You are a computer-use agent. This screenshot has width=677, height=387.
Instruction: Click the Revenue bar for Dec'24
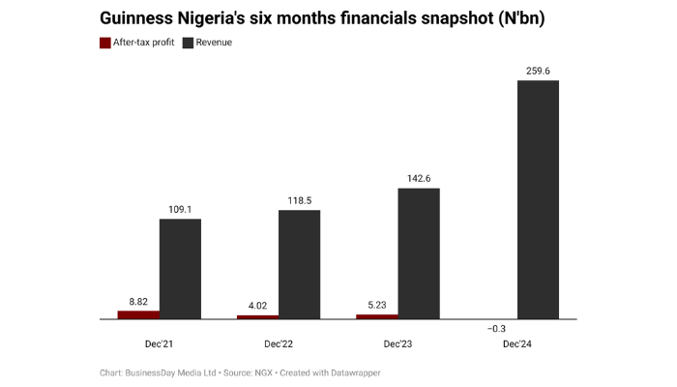point(538,199)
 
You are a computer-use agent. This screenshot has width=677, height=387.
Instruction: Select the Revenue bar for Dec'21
point(180,269)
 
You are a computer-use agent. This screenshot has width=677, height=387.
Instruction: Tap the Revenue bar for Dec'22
point(299,264)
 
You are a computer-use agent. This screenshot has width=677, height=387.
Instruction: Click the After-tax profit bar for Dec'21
point(138,314)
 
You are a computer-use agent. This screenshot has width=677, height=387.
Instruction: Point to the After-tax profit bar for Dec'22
point(257,316)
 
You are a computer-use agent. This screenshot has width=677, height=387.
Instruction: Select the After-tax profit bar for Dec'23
point(377,316)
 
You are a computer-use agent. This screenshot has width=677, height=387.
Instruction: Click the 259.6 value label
point(538,70)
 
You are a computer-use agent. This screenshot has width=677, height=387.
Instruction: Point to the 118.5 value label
point(299,200)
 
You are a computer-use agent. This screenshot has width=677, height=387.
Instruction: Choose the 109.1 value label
point(180,208)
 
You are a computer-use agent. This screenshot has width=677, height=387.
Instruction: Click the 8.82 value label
point(138,300)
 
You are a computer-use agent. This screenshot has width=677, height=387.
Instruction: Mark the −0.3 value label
point(496,329)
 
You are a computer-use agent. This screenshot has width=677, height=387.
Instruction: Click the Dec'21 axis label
point(159,343)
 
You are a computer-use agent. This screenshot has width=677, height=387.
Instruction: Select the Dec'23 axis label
point(397,343)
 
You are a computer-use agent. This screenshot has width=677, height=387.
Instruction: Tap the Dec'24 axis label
point(516,343)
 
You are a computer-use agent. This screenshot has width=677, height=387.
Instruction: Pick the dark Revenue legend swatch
point(188,43)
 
